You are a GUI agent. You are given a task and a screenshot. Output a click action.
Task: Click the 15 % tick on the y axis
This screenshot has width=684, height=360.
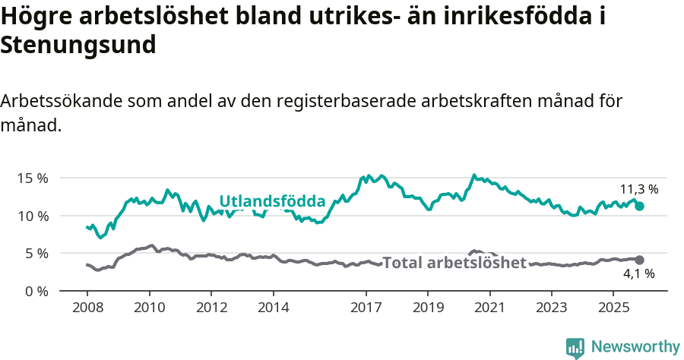click(33, 178)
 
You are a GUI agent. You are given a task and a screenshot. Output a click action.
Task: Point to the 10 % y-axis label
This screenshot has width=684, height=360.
click(33, 216)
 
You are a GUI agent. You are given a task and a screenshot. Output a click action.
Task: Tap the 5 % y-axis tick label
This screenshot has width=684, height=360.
click(36, 253)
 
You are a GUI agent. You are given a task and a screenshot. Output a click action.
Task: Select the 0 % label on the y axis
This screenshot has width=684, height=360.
click(36, 291)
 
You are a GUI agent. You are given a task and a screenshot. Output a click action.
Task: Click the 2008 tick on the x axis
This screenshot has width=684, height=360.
click(87, 308)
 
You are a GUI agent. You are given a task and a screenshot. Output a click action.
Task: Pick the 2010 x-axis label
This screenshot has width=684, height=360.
click(149, 308)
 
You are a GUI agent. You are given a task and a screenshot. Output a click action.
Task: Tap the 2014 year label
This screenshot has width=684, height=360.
click(273, 308)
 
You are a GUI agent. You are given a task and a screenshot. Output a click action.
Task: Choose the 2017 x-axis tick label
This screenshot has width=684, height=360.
click(366, 308)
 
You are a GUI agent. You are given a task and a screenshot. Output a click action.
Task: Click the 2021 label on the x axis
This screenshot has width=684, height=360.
click(489, 308)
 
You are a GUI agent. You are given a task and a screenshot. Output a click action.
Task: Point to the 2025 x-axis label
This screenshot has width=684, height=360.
click(613, 308)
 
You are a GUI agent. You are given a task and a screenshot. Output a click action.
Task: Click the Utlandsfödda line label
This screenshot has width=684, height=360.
click(272, 201)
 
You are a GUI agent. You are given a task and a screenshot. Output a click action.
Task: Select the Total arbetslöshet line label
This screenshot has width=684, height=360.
click(454, 263)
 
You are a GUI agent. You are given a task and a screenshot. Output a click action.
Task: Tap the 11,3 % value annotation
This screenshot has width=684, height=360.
click(639, 189)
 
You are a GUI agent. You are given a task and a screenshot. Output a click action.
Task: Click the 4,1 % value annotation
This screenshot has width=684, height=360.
click(638, 274)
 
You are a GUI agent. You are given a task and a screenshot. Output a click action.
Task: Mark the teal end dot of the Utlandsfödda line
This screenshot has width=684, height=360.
click(639, 206)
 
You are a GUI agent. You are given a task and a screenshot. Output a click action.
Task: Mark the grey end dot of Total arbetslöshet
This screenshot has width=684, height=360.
click(639, 260)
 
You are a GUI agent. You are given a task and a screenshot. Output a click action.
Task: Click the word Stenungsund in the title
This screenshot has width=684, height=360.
click(78, 45)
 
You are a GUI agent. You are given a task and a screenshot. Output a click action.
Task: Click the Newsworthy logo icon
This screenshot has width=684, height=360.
click(575, 347)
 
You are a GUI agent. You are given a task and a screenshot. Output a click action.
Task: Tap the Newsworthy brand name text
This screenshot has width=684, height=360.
click(635, 347)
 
